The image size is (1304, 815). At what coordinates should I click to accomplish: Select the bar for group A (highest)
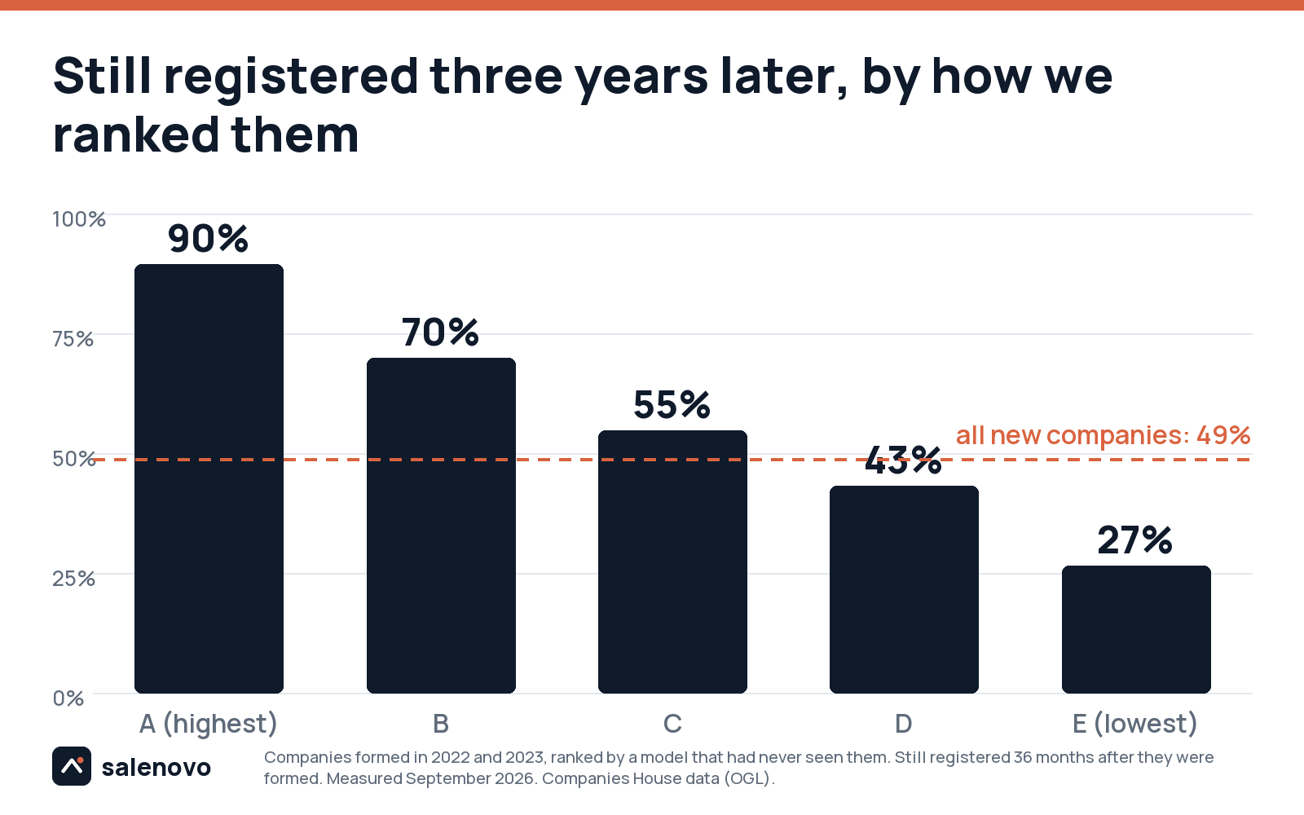[209, 478]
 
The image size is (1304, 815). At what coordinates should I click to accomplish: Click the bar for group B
[441, 526]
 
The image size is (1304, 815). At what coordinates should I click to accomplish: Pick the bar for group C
[672, 562]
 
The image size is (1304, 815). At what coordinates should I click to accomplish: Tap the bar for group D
[904, 590]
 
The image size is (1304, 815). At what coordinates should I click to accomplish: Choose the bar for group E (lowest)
[1136, 629]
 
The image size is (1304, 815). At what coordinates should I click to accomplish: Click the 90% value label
[208, 239]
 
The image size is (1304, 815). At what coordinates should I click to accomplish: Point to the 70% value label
[440, 333]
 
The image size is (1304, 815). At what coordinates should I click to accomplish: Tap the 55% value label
[672, 405]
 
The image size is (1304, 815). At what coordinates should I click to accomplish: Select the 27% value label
[1135, 540]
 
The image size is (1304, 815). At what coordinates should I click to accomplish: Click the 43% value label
[903, 460]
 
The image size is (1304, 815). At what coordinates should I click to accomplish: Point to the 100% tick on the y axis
[79, 219]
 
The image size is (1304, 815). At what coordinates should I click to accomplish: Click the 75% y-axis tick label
[73, 339]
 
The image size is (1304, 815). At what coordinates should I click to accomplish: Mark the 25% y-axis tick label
[73, 579]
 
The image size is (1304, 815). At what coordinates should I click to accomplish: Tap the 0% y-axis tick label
[68, 698]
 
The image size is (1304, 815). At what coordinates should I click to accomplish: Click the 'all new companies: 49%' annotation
[1104, 435]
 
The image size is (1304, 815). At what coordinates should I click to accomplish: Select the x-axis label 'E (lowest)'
[1135, 724]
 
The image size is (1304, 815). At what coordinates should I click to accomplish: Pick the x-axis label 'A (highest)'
[209, 724]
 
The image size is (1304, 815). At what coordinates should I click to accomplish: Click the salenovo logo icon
[72, 766]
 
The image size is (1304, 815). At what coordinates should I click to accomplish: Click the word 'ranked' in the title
[135, 134]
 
